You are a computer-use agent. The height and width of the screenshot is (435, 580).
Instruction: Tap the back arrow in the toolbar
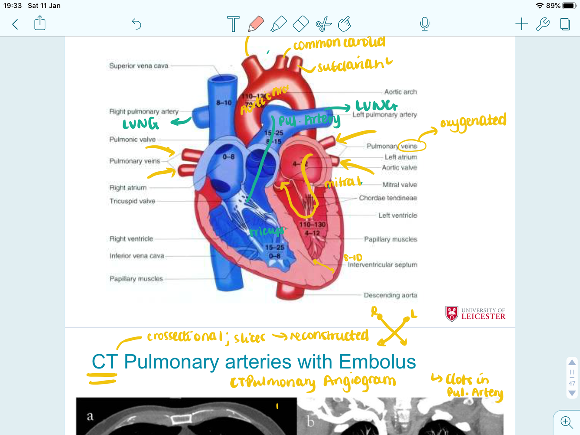(x=15, y=24)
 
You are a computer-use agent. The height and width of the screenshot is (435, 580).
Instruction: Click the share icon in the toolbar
(x=40, y=23)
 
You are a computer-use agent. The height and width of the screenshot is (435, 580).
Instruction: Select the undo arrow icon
(x=137, y=24)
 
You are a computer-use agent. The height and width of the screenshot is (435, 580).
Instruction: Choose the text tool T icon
(x=233, y=24)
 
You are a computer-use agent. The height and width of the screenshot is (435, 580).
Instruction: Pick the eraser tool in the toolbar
(x=301, y=24)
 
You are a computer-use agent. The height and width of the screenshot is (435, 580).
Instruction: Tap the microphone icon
(x=425, y=24)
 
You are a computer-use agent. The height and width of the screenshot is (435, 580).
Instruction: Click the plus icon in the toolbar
(x=521, y=24)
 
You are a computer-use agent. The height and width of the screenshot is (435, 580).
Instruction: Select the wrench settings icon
(x=543, y=24)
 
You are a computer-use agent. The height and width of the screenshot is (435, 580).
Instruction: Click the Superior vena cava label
(x=139, y=66)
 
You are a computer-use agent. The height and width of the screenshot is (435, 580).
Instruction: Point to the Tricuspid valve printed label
(x=132, y=201)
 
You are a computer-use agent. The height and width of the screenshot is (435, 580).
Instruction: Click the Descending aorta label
(x=390, y=296)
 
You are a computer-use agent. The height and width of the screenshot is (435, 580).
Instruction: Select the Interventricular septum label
(x=383, y=265)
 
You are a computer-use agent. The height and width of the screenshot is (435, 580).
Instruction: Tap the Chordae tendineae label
(x=388, y=198)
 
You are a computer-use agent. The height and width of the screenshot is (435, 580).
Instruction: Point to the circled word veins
(x=409, y=146)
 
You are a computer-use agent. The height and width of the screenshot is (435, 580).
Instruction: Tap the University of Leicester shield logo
(x=452, y=313)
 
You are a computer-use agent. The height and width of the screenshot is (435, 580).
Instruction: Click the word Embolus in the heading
(x=377, y=362)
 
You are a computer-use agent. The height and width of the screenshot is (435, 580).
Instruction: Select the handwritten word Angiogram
(x=360, y=382)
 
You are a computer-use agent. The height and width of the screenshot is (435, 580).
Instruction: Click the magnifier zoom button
(x=567, y=422)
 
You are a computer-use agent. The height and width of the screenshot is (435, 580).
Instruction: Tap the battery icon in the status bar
(x=569, y=6)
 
